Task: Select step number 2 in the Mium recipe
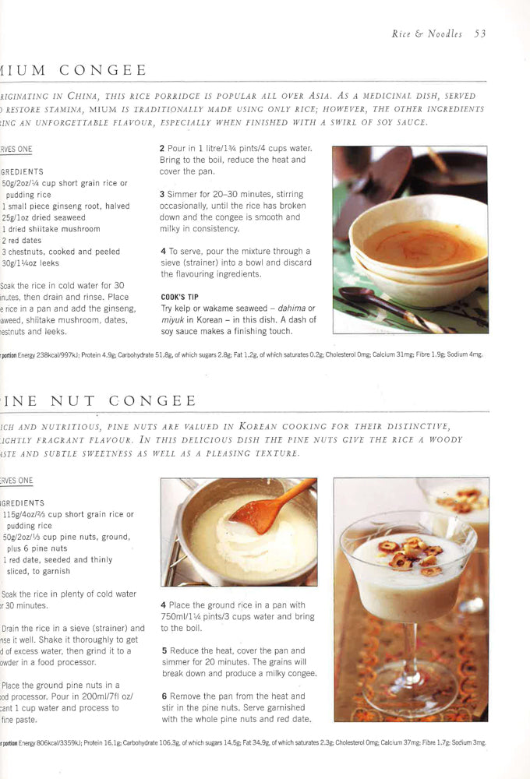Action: (162, 148)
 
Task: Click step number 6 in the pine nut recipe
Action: (163, 696)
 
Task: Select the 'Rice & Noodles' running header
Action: (426, 33)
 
